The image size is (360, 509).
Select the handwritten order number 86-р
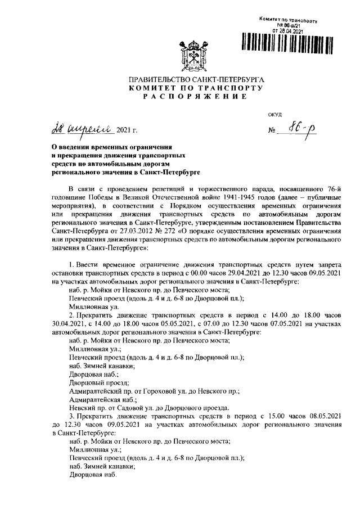click(x=307, y=130)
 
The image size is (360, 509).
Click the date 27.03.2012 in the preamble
click(x=121, y=246)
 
